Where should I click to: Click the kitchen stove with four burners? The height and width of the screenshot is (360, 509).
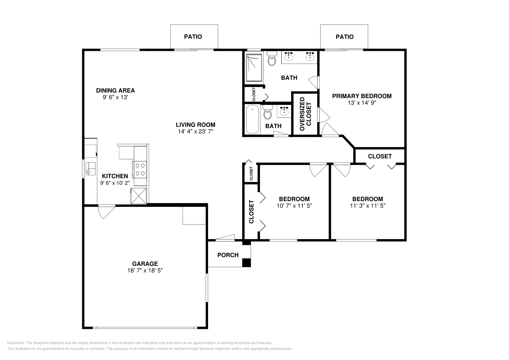pyautogui.click(x=140, y=169)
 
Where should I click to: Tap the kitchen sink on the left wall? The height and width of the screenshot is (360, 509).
pyautogui.click(x=90, y=169)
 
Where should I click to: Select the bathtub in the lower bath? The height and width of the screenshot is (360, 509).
pyautogui.click(x=253, y=120)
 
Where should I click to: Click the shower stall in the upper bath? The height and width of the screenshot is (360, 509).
pyautogui.click(x=254, y=67)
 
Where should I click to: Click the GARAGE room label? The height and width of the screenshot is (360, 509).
pyautogui.click(x=145, y=264)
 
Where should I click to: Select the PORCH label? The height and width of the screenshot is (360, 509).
pyautogui.click(x=228, y=255)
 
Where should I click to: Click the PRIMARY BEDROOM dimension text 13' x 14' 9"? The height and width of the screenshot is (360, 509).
pyautogui.click(x=362, y=103)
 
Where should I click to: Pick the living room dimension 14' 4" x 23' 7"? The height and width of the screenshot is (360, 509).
pyautogui.click(x=195, y=131)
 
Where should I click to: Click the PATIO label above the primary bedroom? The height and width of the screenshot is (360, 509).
pyautogui.click(x=345, y=37)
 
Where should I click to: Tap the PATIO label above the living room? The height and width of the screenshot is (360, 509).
pyautogui.click(x=193, y=37)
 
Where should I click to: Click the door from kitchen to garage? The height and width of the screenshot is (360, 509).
pyautogui.click(x=107, y=211)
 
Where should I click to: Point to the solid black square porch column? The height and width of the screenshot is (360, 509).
pyautogui.click(x=246, y=263)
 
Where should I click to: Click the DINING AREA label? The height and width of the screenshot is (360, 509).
pyautogui.click(x=115, y=91)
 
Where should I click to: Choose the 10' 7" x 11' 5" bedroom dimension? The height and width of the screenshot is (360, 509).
pyautogui.click(x=294, y=206)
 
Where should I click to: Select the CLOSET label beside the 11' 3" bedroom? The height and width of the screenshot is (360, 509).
pyautogui.click(x=380, y=156)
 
